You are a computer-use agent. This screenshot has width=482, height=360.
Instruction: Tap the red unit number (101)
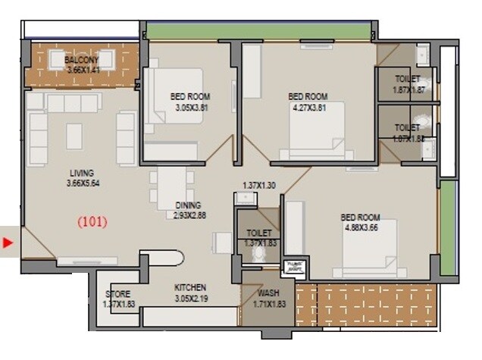pyautogui.click(x=93, y=222)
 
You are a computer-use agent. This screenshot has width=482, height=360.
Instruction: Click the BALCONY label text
pyautogui.click(x=81, y=60)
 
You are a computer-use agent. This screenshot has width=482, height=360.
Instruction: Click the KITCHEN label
pyautogui.click(x=190, y=288)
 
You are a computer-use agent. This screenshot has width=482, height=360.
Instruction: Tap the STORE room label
pyautogui.click(x=118, y=294)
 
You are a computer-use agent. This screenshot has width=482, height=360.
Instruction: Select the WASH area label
pyautogui.click(x=268, y=293)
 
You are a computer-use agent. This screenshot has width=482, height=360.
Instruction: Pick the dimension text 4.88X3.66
pyautogui.click(x=359, y=227)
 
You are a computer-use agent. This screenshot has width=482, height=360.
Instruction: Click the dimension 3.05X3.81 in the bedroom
pyautogui.click(x=190, y=108)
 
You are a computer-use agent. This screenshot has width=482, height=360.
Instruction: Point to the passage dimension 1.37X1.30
pyautogui.click(x=260, y=186)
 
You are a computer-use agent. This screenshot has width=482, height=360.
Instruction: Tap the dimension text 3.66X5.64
pyautogui.click(x=75, y=183)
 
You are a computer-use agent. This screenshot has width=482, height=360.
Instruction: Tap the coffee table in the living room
pyautogui.click(x=74, y=136)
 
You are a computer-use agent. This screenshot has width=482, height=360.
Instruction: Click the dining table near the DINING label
pyautogui.click(x=171, y=186)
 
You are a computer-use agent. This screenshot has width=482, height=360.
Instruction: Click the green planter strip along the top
pyautogui.click(x=258, y=30)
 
